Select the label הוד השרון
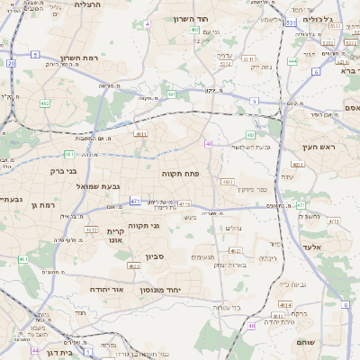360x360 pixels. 189,18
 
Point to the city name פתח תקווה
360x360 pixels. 180,173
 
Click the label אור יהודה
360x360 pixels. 107,290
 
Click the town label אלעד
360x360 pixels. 336,247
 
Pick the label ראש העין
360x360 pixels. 319,147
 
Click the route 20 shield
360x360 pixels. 11,64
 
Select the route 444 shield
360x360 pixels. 293,61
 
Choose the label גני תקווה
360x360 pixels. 143,225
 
